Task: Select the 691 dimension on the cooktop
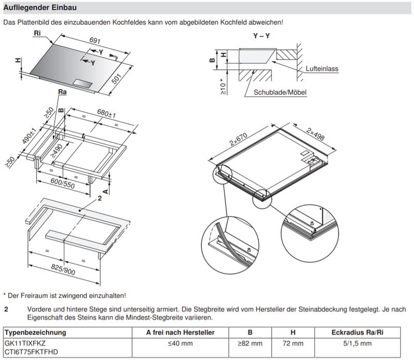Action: [94, 40]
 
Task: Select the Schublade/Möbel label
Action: [280, 93]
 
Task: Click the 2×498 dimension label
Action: [315, 135]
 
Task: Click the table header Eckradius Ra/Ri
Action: [357, 332]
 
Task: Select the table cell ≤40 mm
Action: [180, 343]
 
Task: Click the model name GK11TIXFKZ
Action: [25, 343]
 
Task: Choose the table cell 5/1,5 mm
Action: [357, 343]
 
